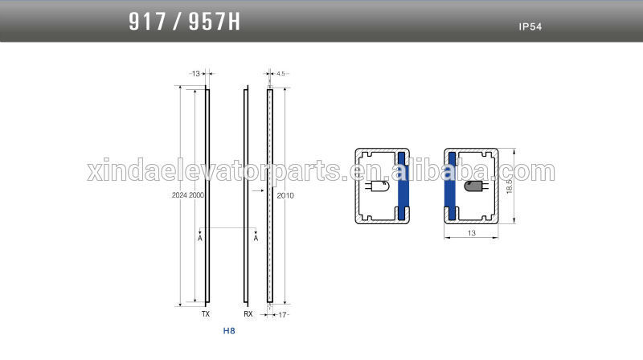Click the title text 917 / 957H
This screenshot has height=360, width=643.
(x=185, y=22)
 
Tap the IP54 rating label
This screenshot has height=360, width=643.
(x=530, y=27)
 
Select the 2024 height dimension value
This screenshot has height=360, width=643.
(x=179, y=195)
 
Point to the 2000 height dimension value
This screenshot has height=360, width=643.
(x=196, y=195)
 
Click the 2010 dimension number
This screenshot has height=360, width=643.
(x=285, y=195)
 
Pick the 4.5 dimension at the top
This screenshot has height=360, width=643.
(x=281, y=74)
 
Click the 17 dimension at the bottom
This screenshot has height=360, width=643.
(x=282, y=315)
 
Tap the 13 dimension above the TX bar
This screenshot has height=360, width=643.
(x=195, y=74)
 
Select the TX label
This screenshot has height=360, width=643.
(x=206, y=313)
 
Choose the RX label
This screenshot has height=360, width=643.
(x=248, y=313)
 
